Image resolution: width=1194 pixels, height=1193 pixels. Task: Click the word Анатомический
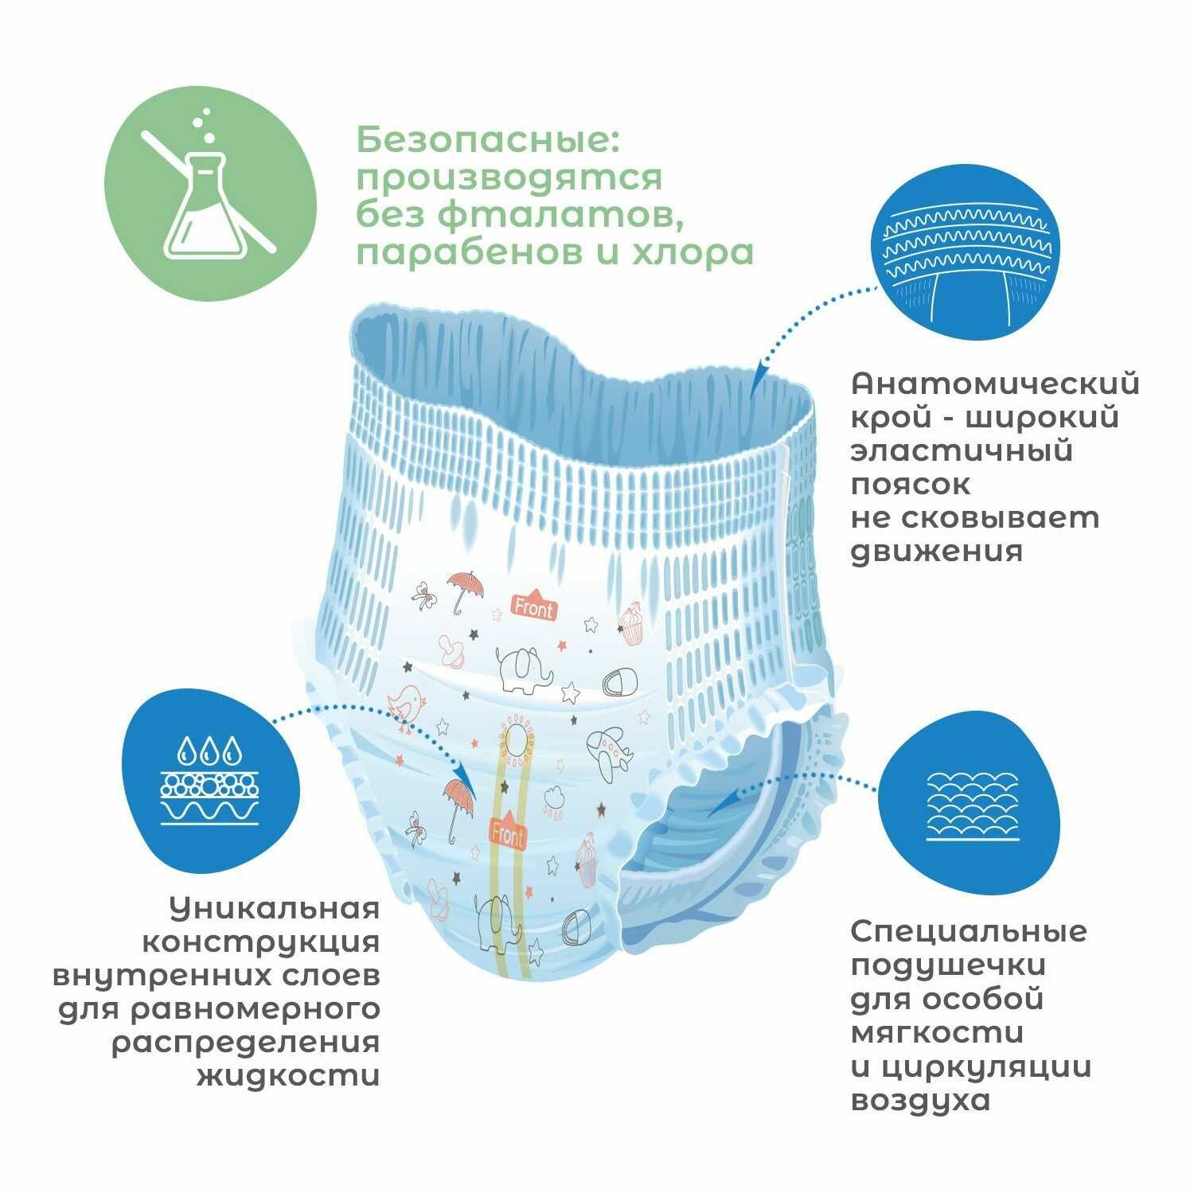(995, 384)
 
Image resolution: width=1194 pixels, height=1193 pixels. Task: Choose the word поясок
(911, 484)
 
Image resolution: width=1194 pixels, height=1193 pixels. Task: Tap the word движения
(936, 551)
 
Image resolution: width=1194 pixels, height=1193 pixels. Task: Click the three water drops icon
(209, 750)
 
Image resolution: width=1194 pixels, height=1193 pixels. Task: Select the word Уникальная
(275, 908)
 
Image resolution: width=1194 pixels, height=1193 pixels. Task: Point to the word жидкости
(287, 1076)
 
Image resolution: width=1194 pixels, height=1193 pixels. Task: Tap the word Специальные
(969, 931)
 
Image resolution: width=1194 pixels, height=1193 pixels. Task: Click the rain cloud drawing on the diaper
(555, 796)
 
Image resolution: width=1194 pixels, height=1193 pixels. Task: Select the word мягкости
(937, 1032)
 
